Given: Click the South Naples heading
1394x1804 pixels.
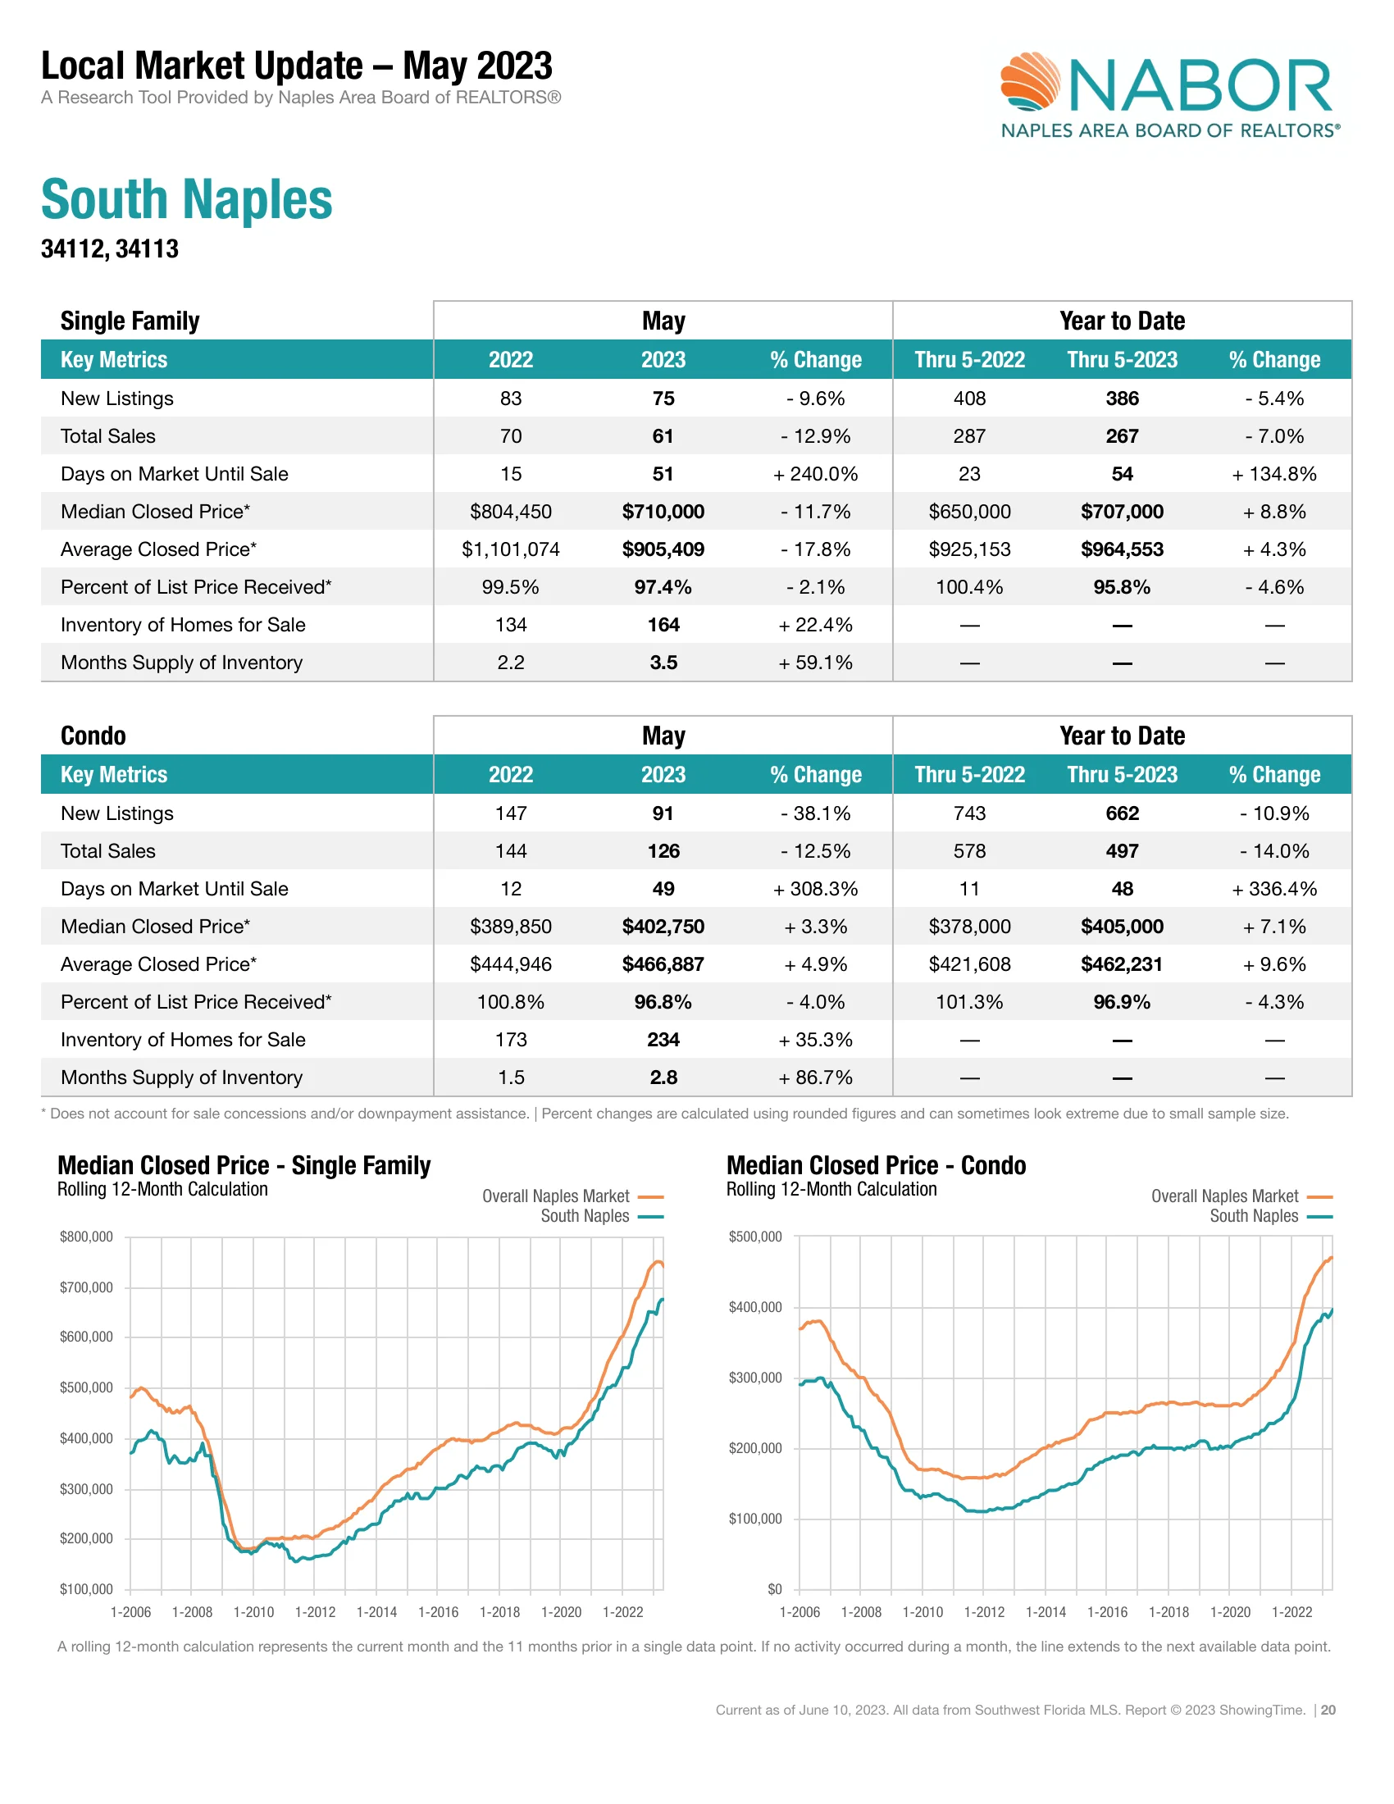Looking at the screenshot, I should click(x=187, y=200).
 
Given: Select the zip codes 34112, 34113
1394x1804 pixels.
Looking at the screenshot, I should click(x=110, y=248).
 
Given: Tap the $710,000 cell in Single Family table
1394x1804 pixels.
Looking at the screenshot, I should click(x=663, y=512).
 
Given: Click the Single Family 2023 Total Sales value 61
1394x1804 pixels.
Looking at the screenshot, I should click(x=663, y=436).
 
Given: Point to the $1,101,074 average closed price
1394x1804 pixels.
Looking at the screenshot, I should click(x=510, y=549).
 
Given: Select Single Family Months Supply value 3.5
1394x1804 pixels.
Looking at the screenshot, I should click(x=663, y=663).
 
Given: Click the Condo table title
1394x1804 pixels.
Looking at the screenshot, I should click(x=93, y=736).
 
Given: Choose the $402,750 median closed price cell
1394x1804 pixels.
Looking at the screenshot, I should click(x=663, y=927).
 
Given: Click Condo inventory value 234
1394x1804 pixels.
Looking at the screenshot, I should click(x=663, y=1040).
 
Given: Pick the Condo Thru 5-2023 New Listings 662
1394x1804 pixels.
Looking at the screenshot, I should click(x=1122, y=813).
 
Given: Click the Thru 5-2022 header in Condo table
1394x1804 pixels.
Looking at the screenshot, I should click(x=968, y=775).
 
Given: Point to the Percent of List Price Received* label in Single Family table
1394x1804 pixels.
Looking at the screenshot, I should click(x=196, y=587).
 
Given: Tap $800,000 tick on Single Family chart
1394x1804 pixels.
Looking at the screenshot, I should click(x=86, y=1237).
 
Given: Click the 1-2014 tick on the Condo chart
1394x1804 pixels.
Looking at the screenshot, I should click(x=1045, y=1612).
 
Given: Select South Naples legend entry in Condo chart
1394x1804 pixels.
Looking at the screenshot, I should click(x=1254, y=1216).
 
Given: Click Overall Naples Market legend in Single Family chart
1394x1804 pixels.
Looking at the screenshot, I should click(x=556, y=1196).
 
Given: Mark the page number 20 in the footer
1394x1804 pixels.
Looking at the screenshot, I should click(x=1328, y=1710).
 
